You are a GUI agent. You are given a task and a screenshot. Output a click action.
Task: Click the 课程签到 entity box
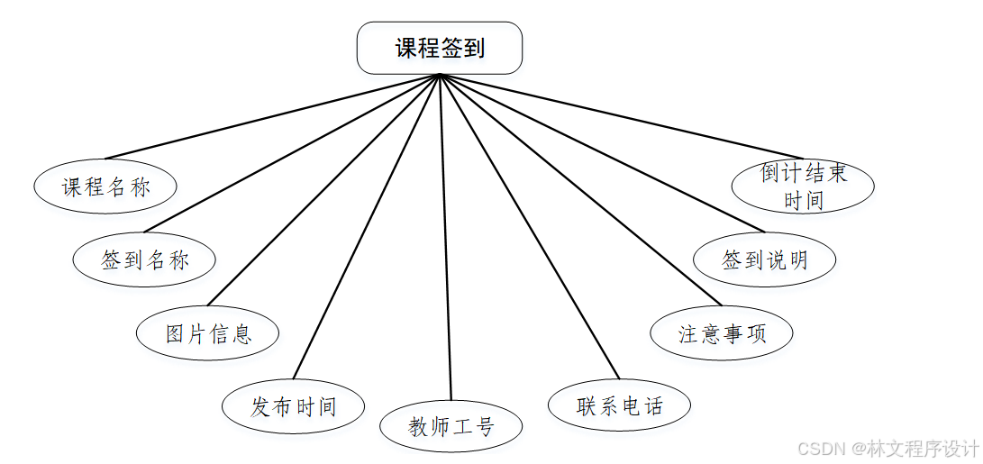[440, 48]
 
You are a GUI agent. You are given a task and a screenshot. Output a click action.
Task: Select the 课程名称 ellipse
[105, 187]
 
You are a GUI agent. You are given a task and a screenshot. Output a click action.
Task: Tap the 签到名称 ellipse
[145, 259]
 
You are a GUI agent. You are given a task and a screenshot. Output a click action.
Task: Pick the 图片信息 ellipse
[208, 333]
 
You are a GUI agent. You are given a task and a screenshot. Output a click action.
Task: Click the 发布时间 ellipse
[294, 406]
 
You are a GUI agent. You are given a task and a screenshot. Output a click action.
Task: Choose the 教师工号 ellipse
[451, 426]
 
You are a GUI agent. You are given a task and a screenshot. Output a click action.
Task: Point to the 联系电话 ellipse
[620, 405]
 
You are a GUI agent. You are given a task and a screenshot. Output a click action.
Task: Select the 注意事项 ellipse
[722, 333]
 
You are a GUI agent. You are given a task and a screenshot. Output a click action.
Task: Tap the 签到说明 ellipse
[765, 259]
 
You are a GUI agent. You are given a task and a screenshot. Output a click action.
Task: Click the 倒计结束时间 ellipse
[803, 187]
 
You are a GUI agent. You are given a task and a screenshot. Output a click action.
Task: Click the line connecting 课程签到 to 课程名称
[272, 116]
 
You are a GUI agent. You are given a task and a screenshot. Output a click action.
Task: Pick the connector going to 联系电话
[530, 227]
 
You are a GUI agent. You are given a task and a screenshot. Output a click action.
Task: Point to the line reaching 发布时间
[367, 227]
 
